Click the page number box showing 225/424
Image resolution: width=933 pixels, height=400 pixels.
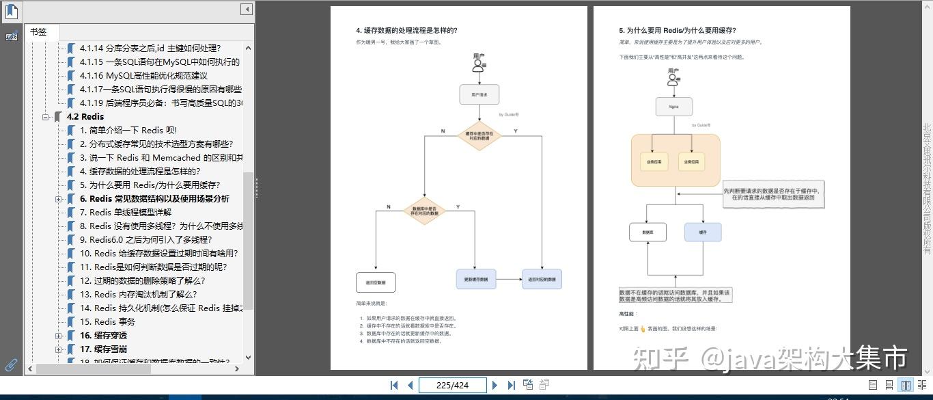coord(452,385)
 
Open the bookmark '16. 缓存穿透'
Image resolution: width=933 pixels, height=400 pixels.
coord(103,335)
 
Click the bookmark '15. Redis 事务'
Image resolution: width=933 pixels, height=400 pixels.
coord(107,321)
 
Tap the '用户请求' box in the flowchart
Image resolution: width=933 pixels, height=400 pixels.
coord(479,94)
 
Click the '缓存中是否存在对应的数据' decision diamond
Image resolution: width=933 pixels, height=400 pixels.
coord(479,136)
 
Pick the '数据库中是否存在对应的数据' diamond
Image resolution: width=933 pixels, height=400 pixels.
coord(425,211)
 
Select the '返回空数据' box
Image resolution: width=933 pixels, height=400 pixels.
coord(376,282)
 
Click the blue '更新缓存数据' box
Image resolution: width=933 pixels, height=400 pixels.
coord(475,279)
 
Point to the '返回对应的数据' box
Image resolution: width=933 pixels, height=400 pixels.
coord(542,279)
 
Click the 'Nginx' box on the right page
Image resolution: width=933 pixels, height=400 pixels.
coord(674,107)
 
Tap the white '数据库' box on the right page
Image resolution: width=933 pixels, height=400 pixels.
coord(647,232)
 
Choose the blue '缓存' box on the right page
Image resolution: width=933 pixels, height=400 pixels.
coord(703,232)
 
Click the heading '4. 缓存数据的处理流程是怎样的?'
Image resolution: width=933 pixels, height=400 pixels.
coord(406,30)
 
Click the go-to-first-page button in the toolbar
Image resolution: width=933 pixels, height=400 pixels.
coord(394,385)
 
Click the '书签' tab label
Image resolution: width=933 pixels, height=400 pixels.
coord(38,32)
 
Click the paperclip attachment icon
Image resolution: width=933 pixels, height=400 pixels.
coord(11,364)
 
